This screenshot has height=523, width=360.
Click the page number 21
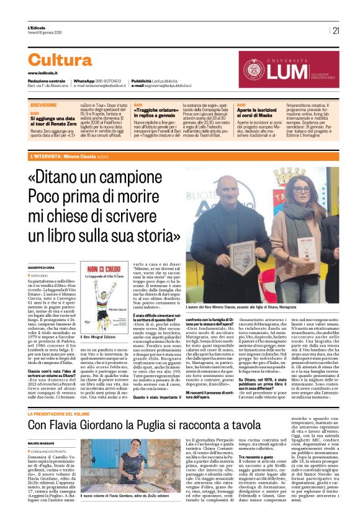click(x=336, y=30)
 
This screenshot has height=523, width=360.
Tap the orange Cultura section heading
click(x=60, y=60)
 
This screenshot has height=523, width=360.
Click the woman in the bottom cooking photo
click(x=134, y=465)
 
